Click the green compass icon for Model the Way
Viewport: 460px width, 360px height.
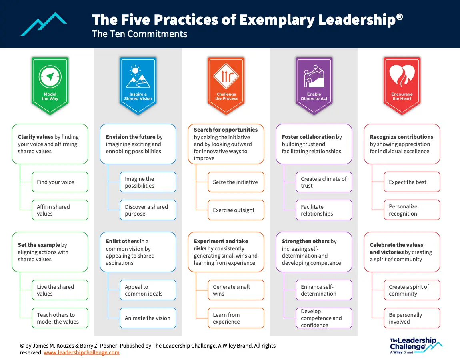[x=50, y=76]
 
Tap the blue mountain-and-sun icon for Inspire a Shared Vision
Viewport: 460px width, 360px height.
[x=138, y=77]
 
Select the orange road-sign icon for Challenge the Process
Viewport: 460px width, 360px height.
[x=226, y=76]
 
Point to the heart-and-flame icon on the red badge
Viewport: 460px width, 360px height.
[x=402, y=76]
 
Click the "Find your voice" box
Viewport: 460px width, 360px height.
[x=60, y=182]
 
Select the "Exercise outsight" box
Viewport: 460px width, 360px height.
[x=236, y=210]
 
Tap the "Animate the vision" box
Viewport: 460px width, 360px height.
[x=148, y=318]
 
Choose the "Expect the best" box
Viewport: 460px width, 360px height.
[x=412, y=182]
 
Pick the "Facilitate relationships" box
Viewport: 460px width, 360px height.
[x=324, y=210]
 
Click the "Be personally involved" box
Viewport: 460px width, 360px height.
[x=412, y=318]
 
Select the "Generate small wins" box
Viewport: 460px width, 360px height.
[x=236, y=290]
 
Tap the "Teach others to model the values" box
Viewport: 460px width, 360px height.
[x=60, y=318]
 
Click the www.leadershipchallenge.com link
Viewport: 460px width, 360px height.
[x=82, y=352]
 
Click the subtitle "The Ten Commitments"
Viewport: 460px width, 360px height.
[x=140, y=34]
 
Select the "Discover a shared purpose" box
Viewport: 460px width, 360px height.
[x=148, y=210]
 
